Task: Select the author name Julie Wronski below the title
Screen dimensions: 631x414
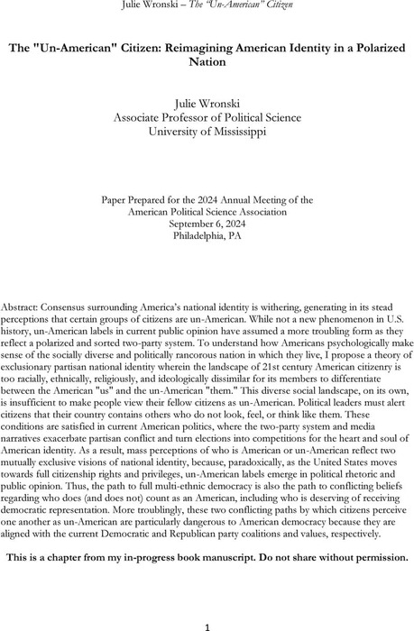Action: point(207,102)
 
